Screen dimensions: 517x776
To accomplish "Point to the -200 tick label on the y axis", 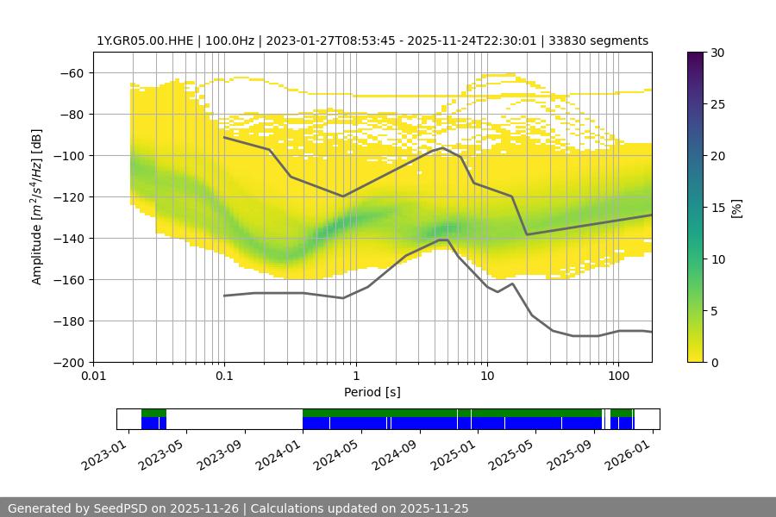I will (x=68, y=362).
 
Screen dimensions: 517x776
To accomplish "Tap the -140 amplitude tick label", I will (x=68, y=238).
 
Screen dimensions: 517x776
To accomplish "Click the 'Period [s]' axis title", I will (x=372, y=392).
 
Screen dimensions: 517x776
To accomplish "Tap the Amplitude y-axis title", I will (x=37, y=207).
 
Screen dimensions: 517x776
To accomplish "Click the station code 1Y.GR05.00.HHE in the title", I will (x=145, y=40).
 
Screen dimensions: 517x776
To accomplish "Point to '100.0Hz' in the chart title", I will (x=235, y=40).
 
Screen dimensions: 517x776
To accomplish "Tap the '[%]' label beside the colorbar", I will (x=736, y=208).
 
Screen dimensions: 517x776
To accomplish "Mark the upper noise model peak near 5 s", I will (x=442, y=147).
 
